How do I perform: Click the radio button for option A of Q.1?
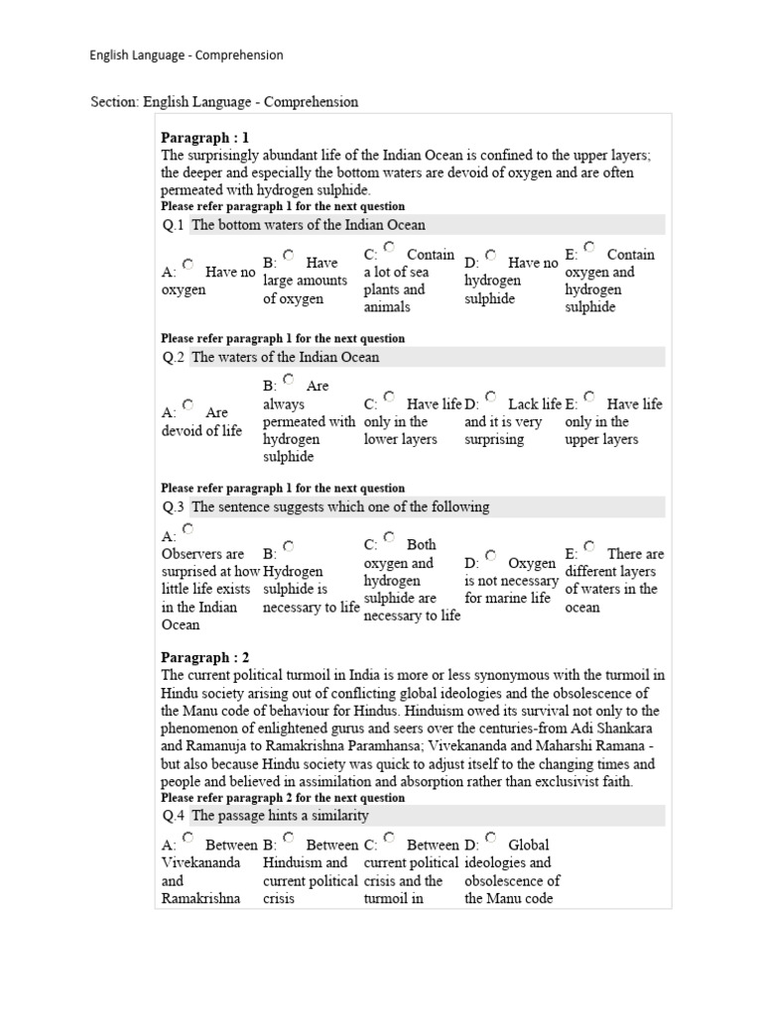189,265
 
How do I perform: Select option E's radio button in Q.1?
589,247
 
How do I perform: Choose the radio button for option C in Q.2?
389,397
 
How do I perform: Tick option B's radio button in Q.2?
289,380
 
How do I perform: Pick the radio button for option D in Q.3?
489,556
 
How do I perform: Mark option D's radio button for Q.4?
489,839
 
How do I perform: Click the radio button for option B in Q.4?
289,839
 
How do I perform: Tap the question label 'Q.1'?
174,225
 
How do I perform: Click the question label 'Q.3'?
174,507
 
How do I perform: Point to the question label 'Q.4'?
174,816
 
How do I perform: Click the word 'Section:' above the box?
114,102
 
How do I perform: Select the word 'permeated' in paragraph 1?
192,190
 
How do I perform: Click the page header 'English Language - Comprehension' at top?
187,56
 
